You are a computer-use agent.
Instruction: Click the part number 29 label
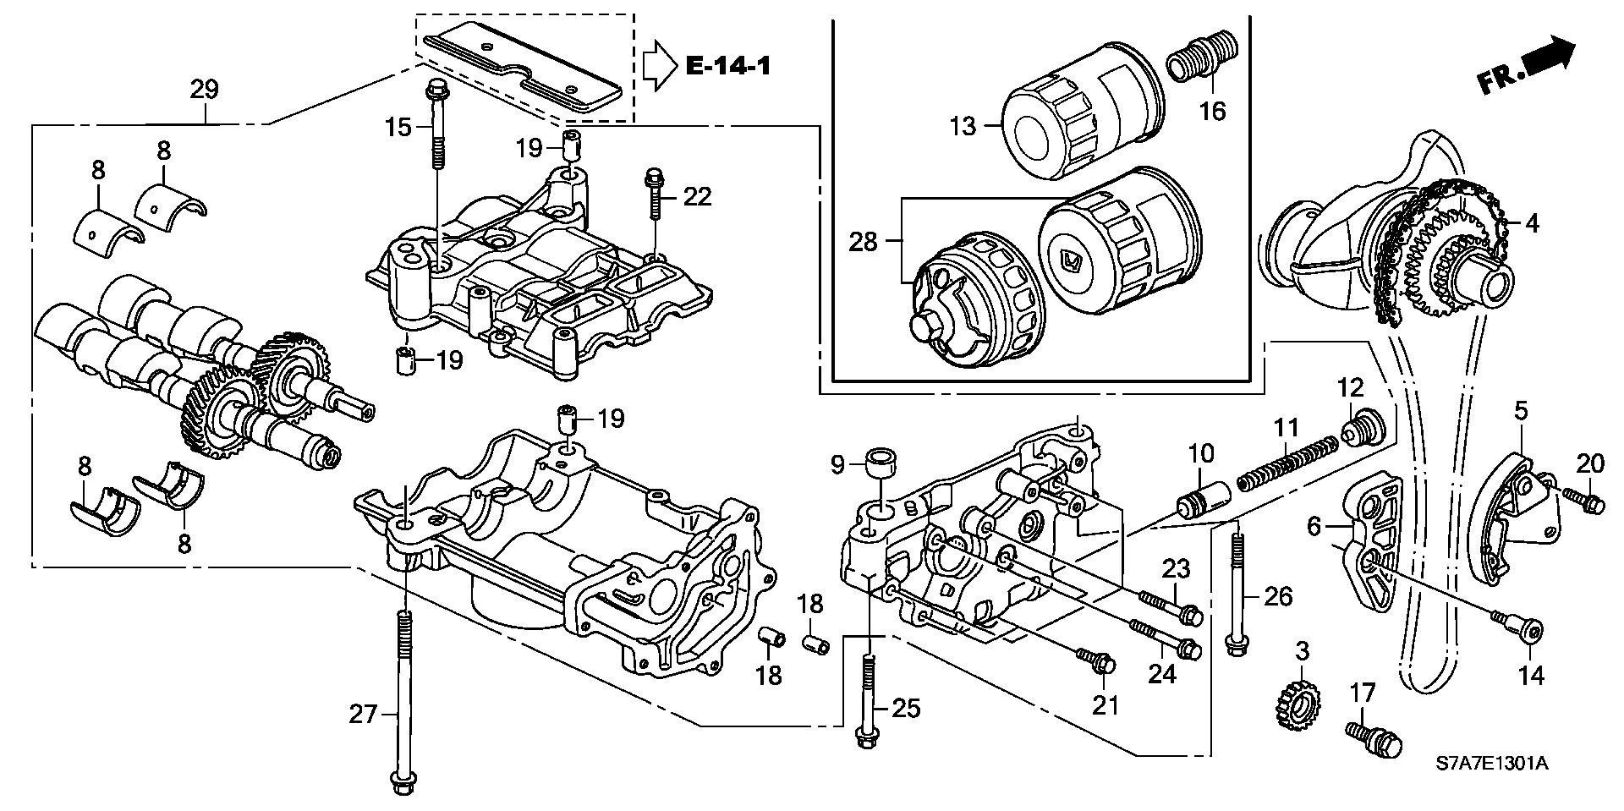[x=205, y=90]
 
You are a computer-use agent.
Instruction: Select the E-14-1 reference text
[x=727, y=65]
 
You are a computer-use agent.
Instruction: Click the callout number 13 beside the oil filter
[x=963, y=126]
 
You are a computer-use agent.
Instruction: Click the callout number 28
[x=864, y=243]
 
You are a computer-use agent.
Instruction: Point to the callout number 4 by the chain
[x=1533, y=223]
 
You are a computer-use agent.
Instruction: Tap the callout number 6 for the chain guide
[x=1314, y=527]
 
